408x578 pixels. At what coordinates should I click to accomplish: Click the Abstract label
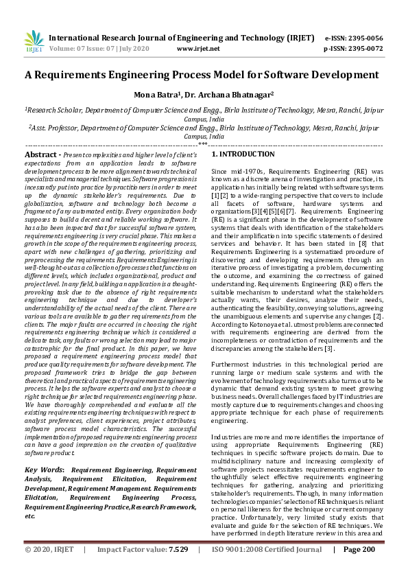[x=42, y=156]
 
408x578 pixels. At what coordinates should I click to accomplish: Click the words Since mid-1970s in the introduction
[x=235, y=170]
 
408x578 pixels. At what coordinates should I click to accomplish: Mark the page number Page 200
[x=359, y=550]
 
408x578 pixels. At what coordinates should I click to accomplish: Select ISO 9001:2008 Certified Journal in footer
[x=267, y=550]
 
